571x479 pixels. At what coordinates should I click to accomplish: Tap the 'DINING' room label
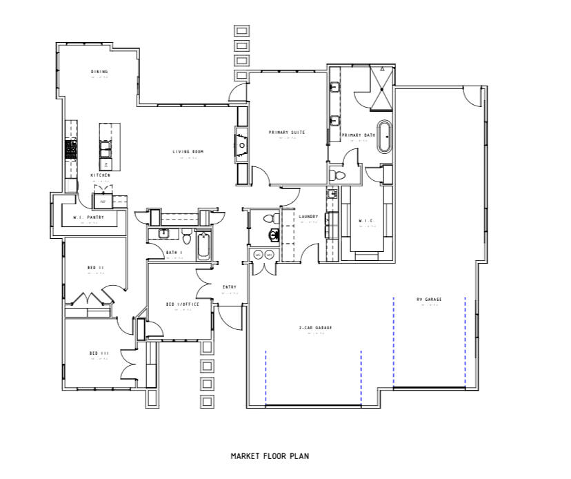(99, 72)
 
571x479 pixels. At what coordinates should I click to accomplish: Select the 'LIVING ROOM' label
(188, 152)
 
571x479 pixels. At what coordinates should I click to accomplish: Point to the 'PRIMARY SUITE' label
(287, 132)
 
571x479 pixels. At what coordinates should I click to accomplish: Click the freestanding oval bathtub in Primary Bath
(385, 137)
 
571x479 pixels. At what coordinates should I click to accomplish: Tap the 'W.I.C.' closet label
(365, 221)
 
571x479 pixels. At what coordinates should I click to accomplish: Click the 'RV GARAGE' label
(429, 299)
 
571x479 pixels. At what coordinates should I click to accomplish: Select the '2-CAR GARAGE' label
(315, 327)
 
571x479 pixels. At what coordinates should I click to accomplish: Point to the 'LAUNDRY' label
(308, 217)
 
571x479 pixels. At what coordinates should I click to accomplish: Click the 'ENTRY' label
(230, 287)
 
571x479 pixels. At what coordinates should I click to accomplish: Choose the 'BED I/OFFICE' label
(183, 304)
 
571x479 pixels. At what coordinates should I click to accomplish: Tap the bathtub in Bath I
(204, 247)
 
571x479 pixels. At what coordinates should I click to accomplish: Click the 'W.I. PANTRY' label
(88, 217)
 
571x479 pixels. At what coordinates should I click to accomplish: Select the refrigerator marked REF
(103, 201)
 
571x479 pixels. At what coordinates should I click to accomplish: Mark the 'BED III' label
(99, 353)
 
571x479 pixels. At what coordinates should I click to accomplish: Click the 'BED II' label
(95, 267)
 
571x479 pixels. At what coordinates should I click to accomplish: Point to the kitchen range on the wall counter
(70, 149)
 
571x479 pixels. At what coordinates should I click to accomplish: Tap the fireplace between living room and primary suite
(243, 146)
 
